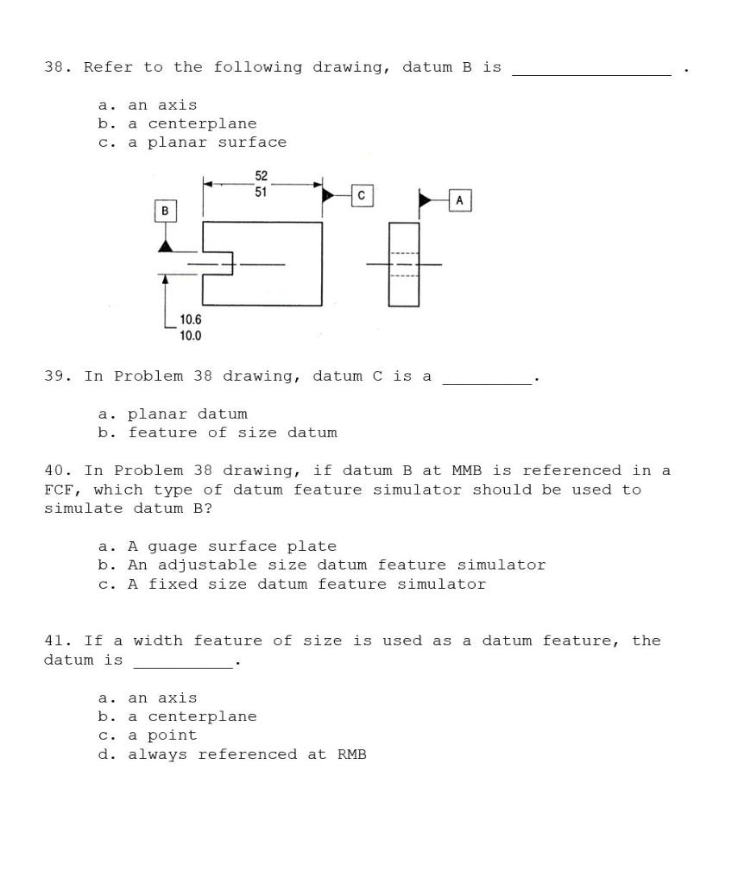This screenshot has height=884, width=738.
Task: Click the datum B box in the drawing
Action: (x=165, y=211)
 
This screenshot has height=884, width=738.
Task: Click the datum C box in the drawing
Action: (x=362, y=196)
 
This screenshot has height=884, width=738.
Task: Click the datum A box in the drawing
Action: (x=459, y=200)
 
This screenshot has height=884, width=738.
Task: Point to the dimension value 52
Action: (x=261, y=176)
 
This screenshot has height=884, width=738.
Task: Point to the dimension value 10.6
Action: (x=191, y=320)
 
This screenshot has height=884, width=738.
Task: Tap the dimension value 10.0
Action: (x=191, y=336)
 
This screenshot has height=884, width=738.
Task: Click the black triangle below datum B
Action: (x=165, y=246)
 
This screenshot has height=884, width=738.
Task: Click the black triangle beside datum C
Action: (x=329, y=196)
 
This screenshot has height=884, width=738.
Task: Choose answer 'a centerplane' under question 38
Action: (x=192, y=123)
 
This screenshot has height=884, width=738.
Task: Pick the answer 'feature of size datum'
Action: (x=232, y=433)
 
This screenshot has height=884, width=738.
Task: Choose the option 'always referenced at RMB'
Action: (x=247, y=755)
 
